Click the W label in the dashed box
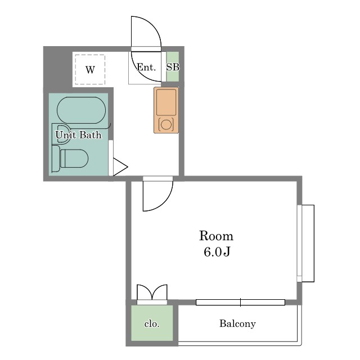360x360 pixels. pos(90,70)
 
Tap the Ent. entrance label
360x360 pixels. pos(146,67)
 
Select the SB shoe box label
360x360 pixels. pos(173,67)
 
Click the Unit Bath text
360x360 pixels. pos(78,134)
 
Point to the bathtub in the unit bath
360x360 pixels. pos(81,110)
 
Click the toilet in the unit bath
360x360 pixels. pos(70,158)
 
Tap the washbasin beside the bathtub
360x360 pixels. pos(61,134)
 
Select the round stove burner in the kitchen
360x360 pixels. pos(166,125)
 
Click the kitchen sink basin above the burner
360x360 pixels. pos(166,102)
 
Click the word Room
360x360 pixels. pos(216,236)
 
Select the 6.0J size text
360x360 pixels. pos(217,252)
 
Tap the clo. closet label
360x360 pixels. pos(152,324)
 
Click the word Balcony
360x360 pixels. pos(237,324)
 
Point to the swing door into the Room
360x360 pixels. pos(157,193)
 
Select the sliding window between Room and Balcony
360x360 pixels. pos(240,303)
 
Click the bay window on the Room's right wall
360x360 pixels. pos(305,244)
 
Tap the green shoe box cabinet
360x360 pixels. pos(173,66)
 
